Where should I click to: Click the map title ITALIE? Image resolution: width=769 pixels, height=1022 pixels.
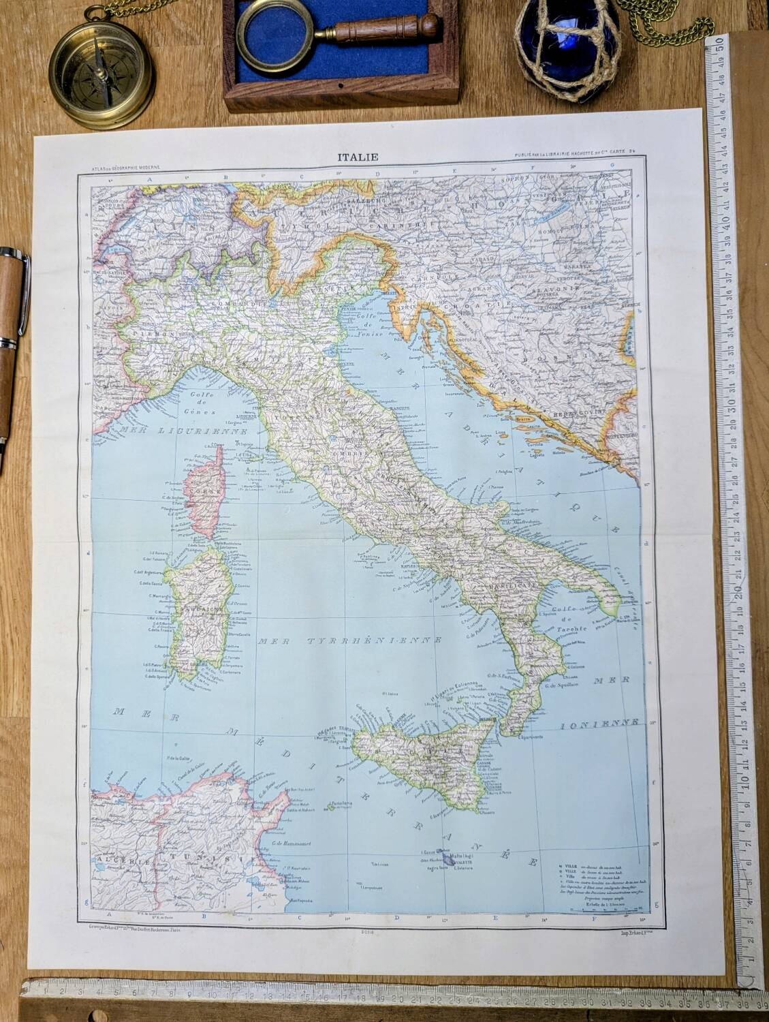point(358,157)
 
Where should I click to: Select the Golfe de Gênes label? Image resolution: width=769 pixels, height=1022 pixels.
point(201,403)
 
